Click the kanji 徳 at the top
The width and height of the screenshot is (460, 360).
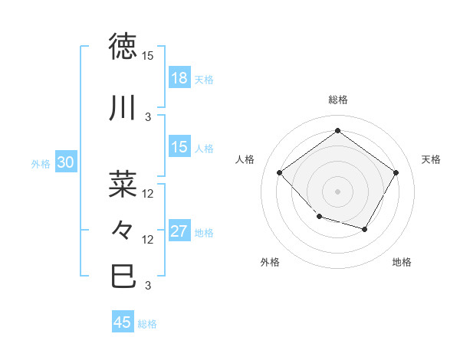[x=123, y=47]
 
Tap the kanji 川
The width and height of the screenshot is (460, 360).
[x=123, y=109]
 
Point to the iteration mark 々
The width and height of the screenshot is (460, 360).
[x=123, y=230]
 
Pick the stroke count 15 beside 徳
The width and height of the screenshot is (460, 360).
[x=147, y=56]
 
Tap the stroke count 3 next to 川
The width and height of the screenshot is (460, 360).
[x=148, y=117]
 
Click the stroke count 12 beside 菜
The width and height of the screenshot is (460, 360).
[x=148, y=193]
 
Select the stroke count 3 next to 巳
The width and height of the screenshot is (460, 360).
[x=148, y=286]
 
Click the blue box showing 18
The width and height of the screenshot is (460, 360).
[x=179, y=77]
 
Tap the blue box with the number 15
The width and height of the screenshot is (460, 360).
[x=179, y=147]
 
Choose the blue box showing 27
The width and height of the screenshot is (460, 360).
[x=179, y=231]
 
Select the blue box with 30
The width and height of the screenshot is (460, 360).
[x=65, y=162]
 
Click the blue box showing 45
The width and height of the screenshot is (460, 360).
[x=123, y=322]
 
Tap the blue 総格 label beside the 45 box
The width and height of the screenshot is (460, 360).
[x=147, y=324]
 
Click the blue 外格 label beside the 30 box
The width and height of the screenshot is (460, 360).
[x=41, y=163]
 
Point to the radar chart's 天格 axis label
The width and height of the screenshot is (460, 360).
[x=431, y=159]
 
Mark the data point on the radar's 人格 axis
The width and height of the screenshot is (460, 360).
[x=280, y=172]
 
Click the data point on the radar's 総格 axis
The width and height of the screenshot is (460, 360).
[x=337, y=130]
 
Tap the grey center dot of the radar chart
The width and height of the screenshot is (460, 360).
[x=337, y=191]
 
